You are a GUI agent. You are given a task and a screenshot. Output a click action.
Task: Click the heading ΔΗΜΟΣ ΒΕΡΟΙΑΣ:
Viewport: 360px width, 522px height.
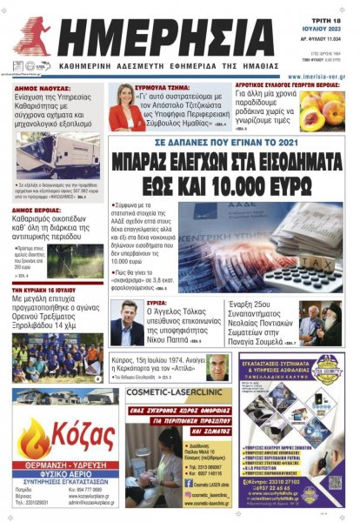(x=42, y=210)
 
